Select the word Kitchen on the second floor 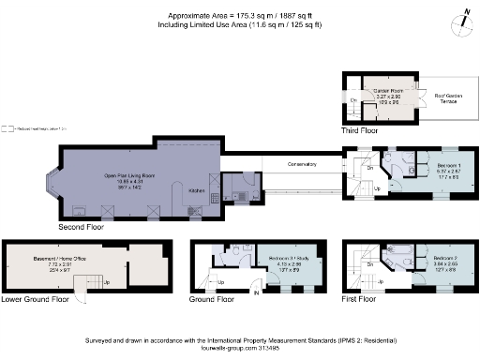(197, 189)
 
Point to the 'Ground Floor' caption (212, 300)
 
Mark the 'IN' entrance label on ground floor (255, 293)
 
